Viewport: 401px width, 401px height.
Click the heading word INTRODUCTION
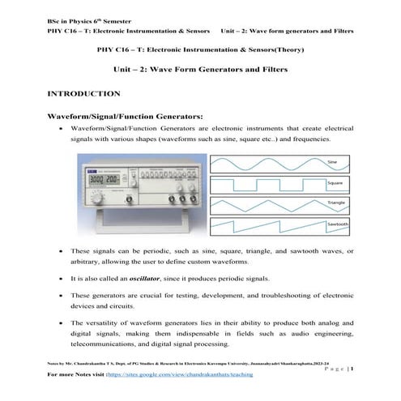point(84,94)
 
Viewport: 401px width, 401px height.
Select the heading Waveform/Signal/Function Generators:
point(120,117)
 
